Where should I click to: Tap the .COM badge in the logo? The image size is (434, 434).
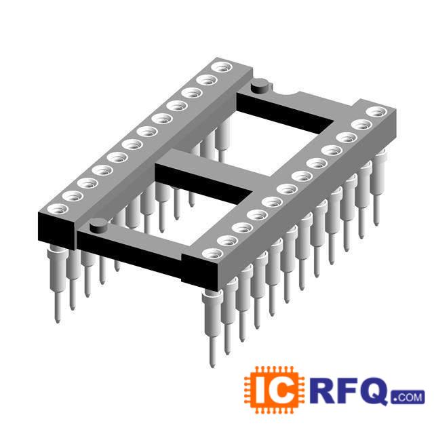(x=408, y=397)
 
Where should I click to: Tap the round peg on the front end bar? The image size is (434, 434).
(x=98, y=225)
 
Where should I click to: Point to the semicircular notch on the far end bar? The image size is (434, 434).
(x=289, y=93)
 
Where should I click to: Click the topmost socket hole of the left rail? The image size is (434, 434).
(x=222, y=67)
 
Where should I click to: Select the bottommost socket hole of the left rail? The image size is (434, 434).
(x=58, y=209)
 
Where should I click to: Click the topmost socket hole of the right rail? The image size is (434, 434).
(x=376, y=112)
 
